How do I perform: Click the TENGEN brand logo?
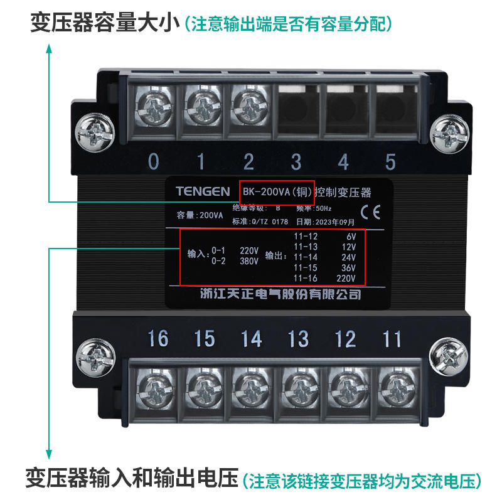pyautogui.click(x=203, y=191)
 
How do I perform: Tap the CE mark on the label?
pyautogui.click(x=370, y=212)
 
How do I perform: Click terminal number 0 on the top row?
pyautogui.click(x=154, y=161)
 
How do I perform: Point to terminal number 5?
pyautogui.click(x=390, y=161)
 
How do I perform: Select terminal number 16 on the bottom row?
pyautogui.click(x=158, y=339)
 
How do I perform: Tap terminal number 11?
pyautogui.click(x=392, y=339)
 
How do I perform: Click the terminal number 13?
pyautogui.click(x=299, y=339)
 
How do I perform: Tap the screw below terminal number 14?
pyautogui.click(x=251, y=388)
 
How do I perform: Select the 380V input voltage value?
pyautogui.click(x=249, y=261)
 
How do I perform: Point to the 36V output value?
pyautogui.click(x=348, y=268)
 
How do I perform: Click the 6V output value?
pyautogui.click(x=351, y=237)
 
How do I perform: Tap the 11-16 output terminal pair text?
pyautogui.click(x=306, y=278)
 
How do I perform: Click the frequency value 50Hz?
pyautogui.click(x=324, y=208)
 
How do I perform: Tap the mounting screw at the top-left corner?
pyautogui.click(x=95, y=133)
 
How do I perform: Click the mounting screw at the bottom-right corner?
pyautogui.click(x=448, y=356)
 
